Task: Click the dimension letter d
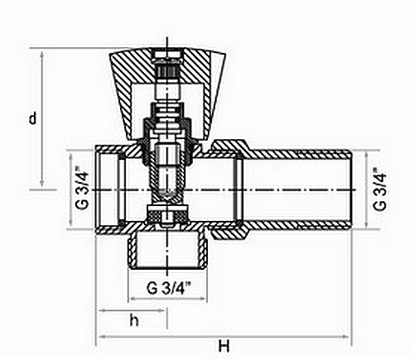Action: [x=33, y=118]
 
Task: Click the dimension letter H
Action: [x=224, y=346]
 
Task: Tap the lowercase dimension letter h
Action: [x=134, y=320]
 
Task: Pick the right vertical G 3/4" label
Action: [x=379, y=189]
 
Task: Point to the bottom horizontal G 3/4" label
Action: [x=169, y=288]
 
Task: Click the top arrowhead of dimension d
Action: [x=42, y=55]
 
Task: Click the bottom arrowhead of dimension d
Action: [x=42, y=182]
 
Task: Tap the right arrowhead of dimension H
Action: [x=345, y=337]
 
